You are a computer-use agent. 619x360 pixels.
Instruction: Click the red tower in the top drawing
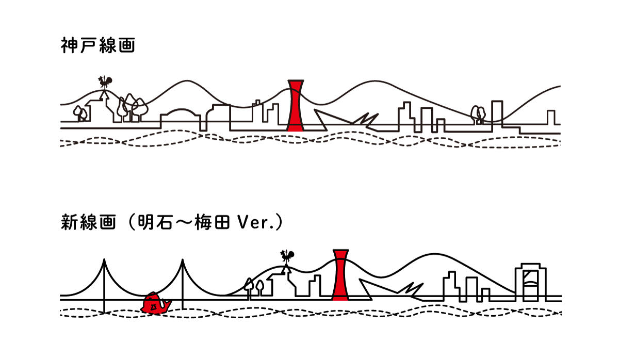(296, 106)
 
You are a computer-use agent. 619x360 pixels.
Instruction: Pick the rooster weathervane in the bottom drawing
(287, 256)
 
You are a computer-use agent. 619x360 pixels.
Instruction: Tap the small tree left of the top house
(79, 113)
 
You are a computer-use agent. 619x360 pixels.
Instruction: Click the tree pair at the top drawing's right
(478, 114)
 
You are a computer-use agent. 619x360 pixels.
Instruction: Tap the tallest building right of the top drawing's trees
(497, 111)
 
